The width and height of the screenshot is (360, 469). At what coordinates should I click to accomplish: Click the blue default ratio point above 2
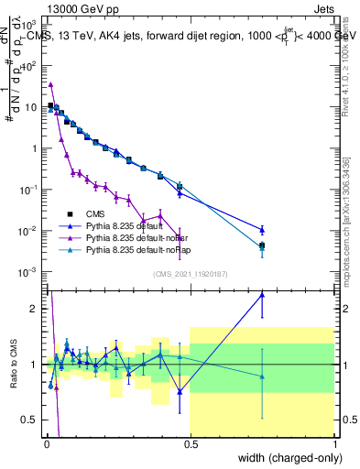coord(263,294)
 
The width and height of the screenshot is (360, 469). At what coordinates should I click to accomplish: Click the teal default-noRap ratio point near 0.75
coord(263,376)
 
